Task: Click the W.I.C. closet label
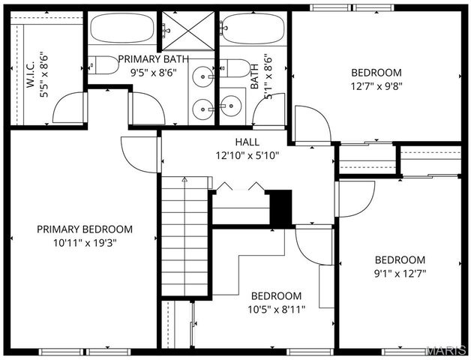(36, 74)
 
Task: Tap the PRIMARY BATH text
(153, 58)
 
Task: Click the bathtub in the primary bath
(123, 29)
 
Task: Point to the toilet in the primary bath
(104, 66)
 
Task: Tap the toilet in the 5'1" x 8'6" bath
(238, 68)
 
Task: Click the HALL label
(247, 142)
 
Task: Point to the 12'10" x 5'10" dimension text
(247, 155)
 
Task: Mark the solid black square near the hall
(280, 207)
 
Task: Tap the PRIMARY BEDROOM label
(85, 229)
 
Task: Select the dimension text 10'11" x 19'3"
(85, 242)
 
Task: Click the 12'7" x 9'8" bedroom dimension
(376, 85)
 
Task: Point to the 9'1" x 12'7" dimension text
(400, 273)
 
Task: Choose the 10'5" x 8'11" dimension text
(276, 309)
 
